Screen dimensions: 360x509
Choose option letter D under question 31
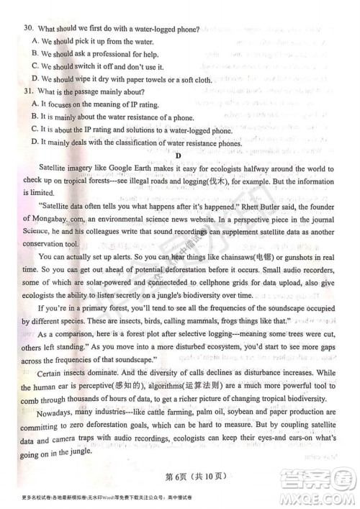click(x=35, y=143)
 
